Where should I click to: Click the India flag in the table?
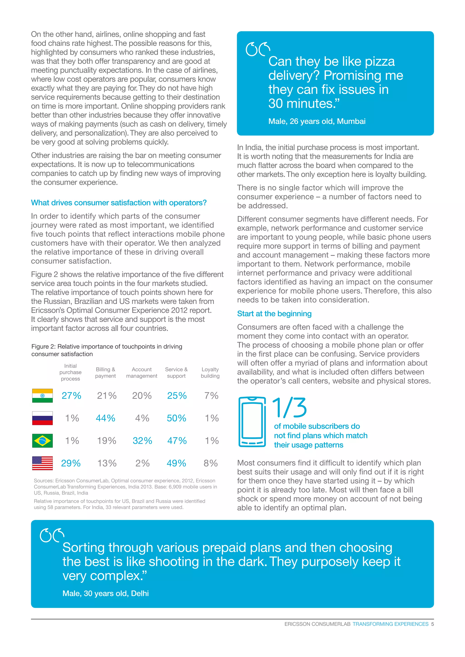(42, 395)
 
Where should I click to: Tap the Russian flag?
(42, 418)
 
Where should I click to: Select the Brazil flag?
(42, 441)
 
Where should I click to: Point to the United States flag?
(42, 463)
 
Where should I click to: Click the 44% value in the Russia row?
(105, 418)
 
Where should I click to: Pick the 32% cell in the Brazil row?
(142, 441)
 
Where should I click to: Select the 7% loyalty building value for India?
(211, 395)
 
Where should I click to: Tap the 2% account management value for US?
(142, 463)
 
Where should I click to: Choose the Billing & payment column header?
(105, 373)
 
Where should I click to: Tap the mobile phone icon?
(252, 422)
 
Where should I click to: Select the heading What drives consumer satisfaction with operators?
(119, 203)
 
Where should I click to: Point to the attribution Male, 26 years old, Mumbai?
(317, 121)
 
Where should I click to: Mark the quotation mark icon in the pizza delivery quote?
(258, 49)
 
